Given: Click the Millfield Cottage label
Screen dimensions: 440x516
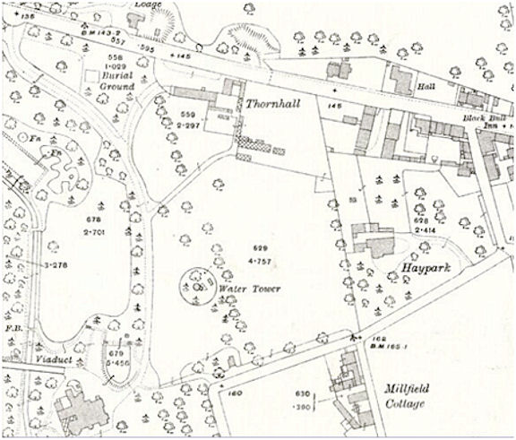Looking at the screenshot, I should coord(411,396).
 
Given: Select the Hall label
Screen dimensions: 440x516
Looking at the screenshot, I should coord(426,87).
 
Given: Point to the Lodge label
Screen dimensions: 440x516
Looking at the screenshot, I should coord(149,4).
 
